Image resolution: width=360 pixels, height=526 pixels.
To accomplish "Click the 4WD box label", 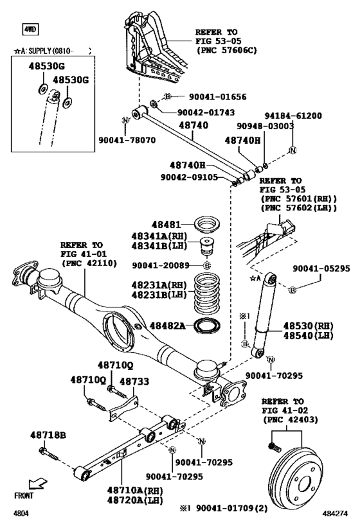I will coord(30,29).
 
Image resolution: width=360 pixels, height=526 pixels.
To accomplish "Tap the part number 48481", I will coord(166,225).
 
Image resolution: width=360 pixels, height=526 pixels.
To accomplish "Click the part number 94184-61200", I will coord(290,116).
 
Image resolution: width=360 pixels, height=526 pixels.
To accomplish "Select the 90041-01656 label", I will coord(217,97).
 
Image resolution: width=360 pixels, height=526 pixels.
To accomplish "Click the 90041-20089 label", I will coord(161,265).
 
